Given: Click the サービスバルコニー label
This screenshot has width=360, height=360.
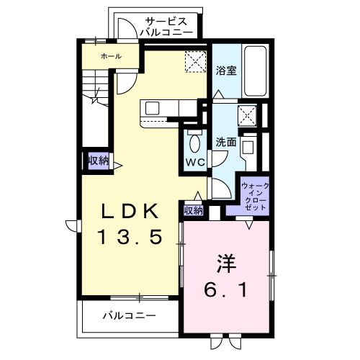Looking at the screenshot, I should point(166,27).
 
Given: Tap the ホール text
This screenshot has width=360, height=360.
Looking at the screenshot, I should point(110,56).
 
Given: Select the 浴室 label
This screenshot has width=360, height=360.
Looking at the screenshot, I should point(226,71).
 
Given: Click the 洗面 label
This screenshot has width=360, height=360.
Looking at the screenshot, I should point(226,143).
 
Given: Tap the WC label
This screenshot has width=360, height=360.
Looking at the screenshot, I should point(195,162).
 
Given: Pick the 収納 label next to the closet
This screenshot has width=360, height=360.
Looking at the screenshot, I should point(193,210).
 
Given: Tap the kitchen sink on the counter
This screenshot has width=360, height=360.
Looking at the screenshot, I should point(153,108).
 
